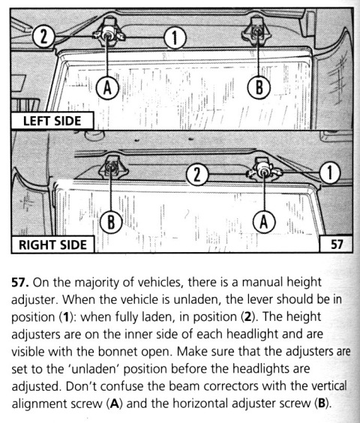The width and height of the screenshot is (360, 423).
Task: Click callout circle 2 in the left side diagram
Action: pyautogui.click(x=43, y=37)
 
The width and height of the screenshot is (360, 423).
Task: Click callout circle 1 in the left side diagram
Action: pyautogui.click(x=175, y=37)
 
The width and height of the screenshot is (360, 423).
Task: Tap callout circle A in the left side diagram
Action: pyautogui.click(x=108, y=88)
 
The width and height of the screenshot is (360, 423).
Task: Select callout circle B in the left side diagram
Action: pyautogui.click(x=259, y=88)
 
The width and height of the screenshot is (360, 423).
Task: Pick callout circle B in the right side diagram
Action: pyautogui.click(x=111, y=222)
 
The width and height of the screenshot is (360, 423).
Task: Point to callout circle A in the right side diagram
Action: pyautogui.click(x=264, y=222)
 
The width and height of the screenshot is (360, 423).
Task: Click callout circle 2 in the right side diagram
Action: pyautogui.click(x=197, y=174)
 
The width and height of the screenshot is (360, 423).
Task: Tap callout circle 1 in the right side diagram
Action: pyautogui.click(x=330, y=172)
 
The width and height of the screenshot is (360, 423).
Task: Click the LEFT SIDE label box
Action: pyautogui.click(x=52, y=121)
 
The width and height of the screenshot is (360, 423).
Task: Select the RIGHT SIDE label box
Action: pyautogui.click(x=52, y=244)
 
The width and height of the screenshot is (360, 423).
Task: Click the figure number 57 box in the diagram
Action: pyautogui.click(x=337, y=244)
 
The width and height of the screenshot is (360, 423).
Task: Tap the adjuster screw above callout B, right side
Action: pyautogui.click(x=111, y=167)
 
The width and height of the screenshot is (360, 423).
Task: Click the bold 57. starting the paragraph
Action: pyautogui.click(x=20, y=283)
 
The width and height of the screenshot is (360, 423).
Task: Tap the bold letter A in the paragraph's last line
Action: pyautogui.click(x=115, y=403)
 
